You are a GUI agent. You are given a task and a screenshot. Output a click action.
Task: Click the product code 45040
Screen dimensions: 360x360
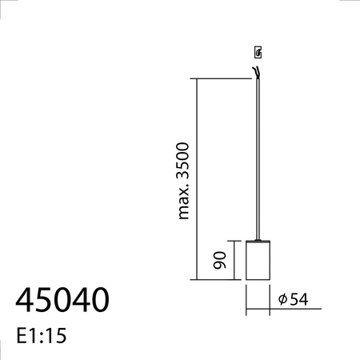[62, 300]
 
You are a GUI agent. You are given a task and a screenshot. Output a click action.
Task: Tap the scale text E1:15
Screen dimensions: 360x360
[40, 334]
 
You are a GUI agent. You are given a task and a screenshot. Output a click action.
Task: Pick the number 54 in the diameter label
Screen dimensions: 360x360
[298, 299]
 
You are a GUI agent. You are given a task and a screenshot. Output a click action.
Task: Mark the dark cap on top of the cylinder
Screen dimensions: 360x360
[258, 238]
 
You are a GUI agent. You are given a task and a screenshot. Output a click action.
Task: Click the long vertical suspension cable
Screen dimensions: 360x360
[258, 160]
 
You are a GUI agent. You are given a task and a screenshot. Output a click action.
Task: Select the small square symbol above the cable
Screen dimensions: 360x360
[258, 54]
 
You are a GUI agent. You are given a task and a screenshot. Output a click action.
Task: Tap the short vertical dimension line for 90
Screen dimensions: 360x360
[234, 260]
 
